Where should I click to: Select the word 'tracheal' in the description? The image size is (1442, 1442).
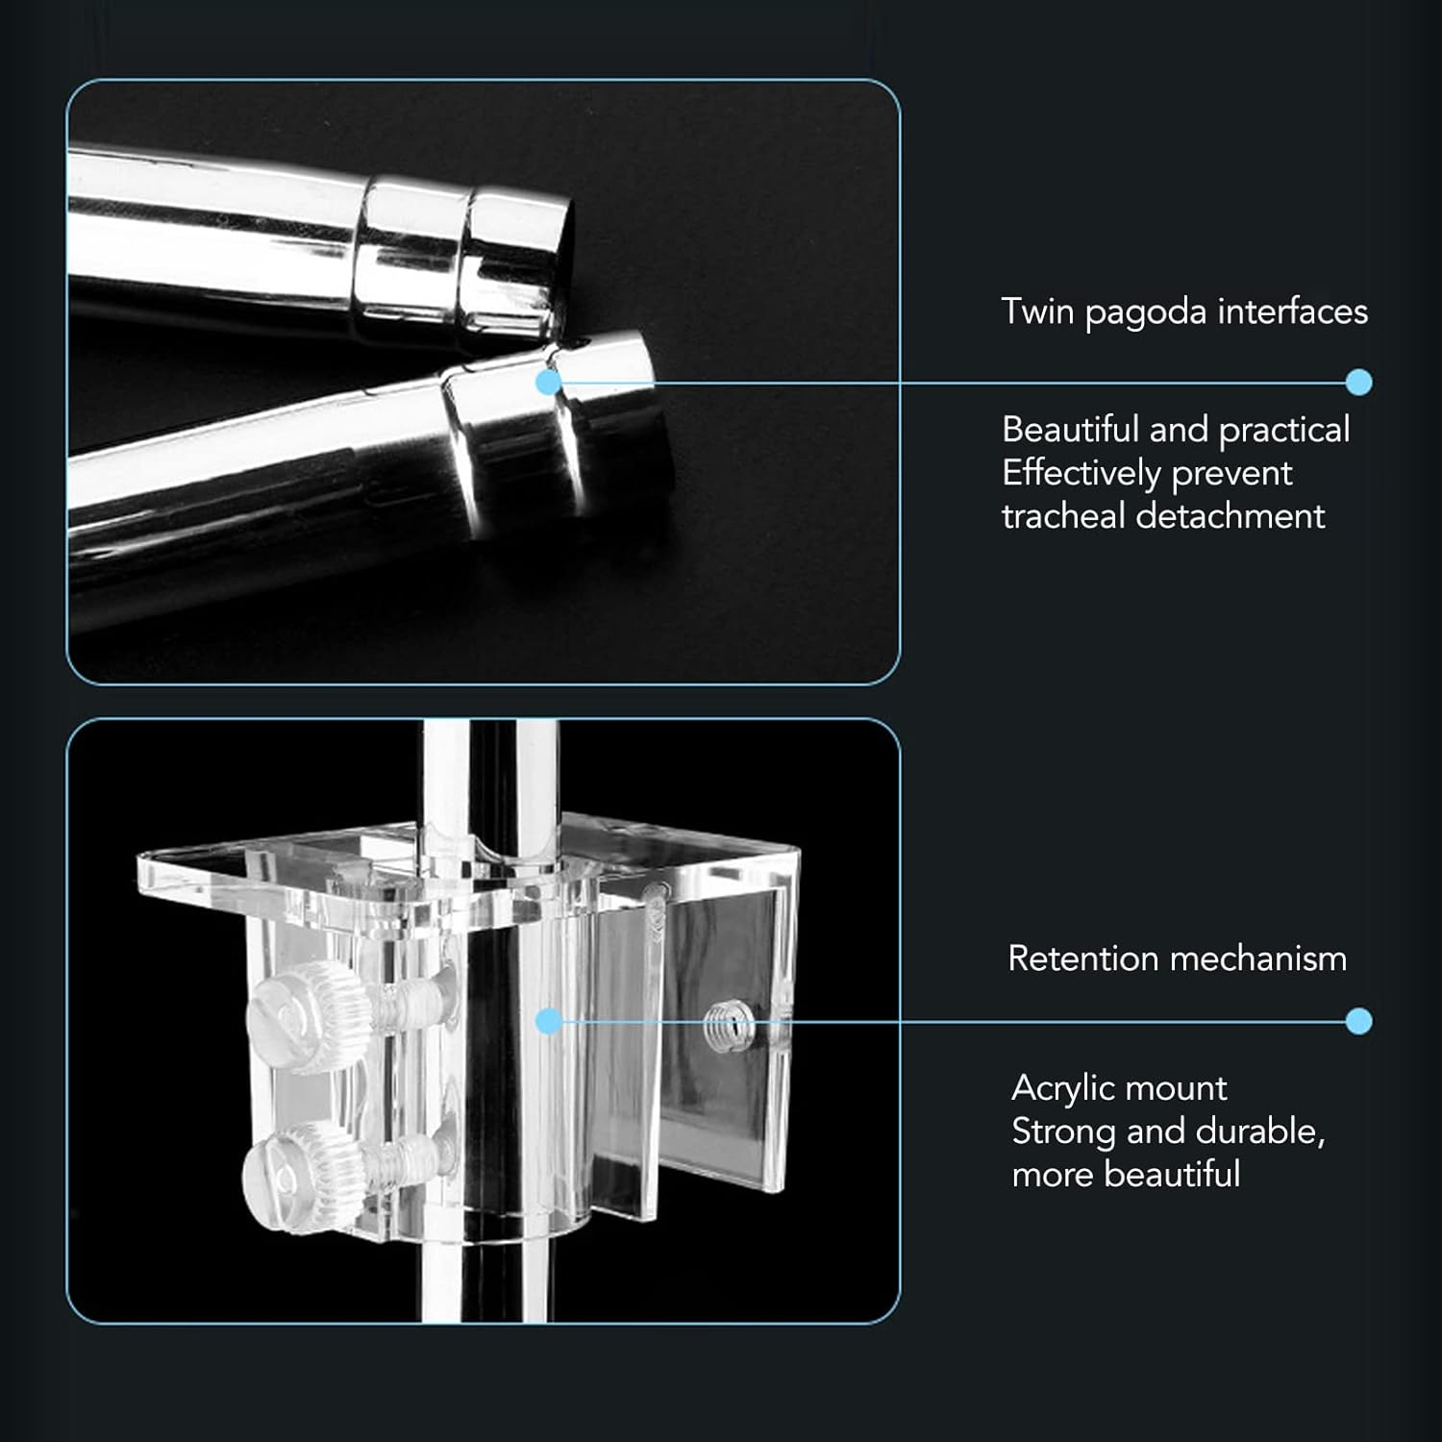click(x=1063, y=516)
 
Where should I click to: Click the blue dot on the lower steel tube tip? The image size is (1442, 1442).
click(x=548, y=383)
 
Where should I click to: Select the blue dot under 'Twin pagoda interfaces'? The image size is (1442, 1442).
click(x=1358, y=383)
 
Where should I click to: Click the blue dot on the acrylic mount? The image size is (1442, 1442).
click(x=548, y=1021)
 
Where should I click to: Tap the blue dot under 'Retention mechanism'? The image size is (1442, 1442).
click(x=1358, y=1021)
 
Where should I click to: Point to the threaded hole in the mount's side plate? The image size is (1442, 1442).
click(x=726, y=1030)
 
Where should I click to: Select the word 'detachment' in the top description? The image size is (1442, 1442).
click(x=1231, y=516)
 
